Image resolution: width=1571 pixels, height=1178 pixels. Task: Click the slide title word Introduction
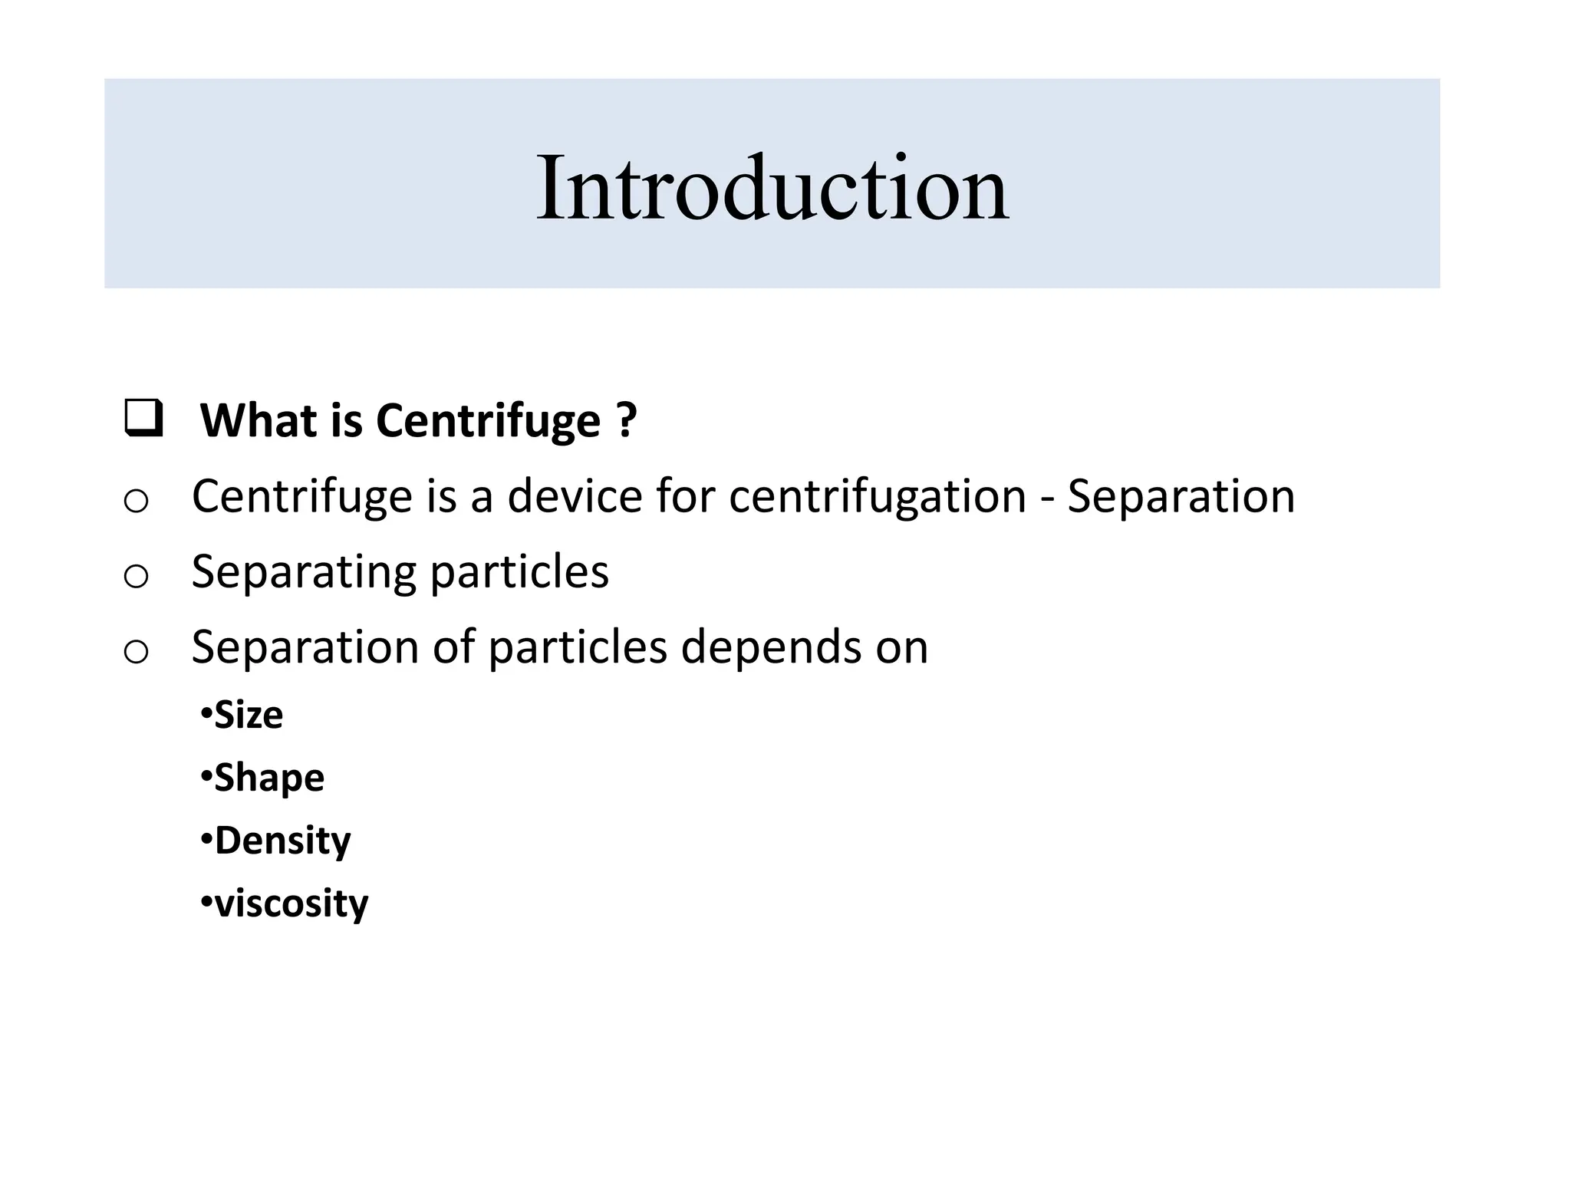point(772,189)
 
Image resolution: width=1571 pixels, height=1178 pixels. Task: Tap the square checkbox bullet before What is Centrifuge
point(143,419)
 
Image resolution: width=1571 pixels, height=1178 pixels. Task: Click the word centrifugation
point(878,497)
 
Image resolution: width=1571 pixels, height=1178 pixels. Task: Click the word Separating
point(304,572)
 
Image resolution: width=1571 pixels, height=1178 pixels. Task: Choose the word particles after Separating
point(519,572)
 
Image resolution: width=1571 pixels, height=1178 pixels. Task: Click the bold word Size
point(249,715)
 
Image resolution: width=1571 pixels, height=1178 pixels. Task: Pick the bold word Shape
point(269,778)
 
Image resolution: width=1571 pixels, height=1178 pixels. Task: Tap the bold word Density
point(282,841)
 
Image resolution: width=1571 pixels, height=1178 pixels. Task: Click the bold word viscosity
point(291,903)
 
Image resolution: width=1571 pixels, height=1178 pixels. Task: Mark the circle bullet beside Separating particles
point(136,576)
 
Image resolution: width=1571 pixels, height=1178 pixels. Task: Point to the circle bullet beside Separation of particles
point(136,652)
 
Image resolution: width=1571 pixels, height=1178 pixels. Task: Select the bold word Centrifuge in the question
point(488,422)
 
